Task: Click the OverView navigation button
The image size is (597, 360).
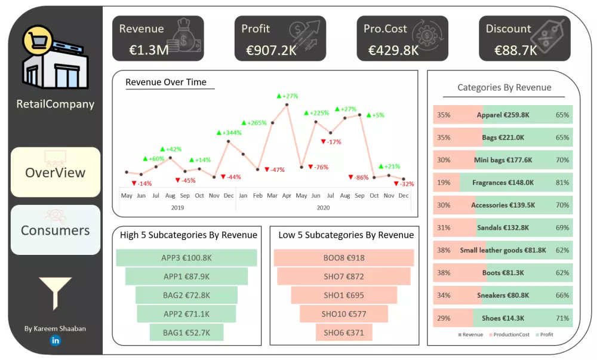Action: click(56, 173)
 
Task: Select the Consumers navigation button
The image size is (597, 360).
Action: click(56, 230)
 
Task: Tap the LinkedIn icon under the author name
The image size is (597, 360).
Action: click(56, 340)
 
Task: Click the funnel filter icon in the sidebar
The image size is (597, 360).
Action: click(55, 292)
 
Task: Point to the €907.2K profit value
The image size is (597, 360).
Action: click(271, 50)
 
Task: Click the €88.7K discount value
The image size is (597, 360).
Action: click(516, 50)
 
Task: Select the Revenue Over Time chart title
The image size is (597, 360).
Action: click(166, 82)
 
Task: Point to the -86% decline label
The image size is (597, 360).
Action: click(359, 177)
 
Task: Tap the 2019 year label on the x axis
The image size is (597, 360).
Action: click(177, 208)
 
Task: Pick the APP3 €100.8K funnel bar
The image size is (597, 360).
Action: click(187, 258)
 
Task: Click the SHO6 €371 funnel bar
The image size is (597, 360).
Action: click(344, 333)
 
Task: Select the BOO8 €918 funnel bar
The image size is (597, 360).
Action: click(344, 258)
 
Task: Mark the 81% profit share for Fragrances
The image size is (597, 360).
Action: click(562, 183)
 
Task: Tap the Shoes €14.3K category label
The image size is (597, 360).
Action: click(504, 318)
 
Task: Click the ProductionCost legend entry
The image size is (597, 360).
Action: click(512, 335)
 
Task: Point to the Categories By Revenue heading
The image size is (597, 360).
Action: click(504, 88)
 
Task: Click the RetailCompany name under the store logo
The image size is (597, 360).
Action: click(56, 104)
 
